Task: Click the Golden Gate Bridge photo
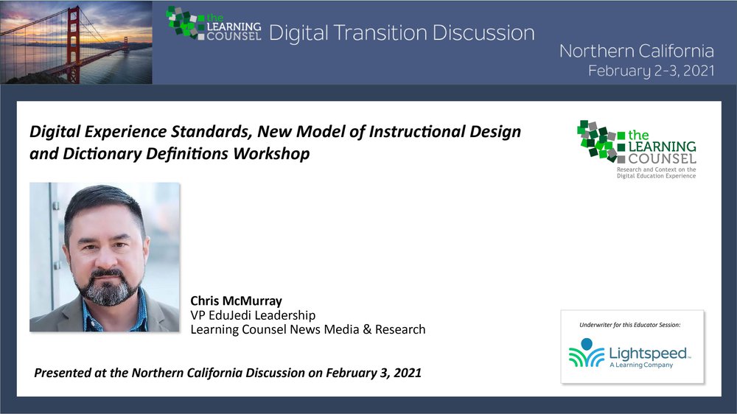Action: point(76,42)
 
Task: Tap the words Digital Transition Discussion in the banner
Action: point(402,33)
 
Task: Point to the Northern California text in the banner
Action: point(637,51)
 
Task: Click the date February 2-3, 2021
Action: point(652,71)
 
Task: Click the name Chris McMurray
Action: point(236,301)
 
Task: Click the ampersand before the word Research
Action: point(367,329)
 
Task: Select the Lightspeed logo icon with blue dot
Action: point(586,352)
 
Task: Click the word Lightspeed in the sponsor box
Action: point(648,354)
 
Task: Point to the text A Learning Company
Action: point(641,365)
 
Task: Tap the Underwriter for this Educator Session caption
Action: point(630,325)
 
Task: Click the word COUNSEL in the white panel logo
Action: point(662,159)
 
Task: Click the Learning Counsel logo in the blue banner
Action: point(214,24)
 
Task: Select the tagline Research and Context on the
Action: point(656,169)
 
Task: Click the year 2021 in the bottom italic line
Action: point(408,373)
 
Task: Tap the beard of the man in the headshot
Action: point(110,288)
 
